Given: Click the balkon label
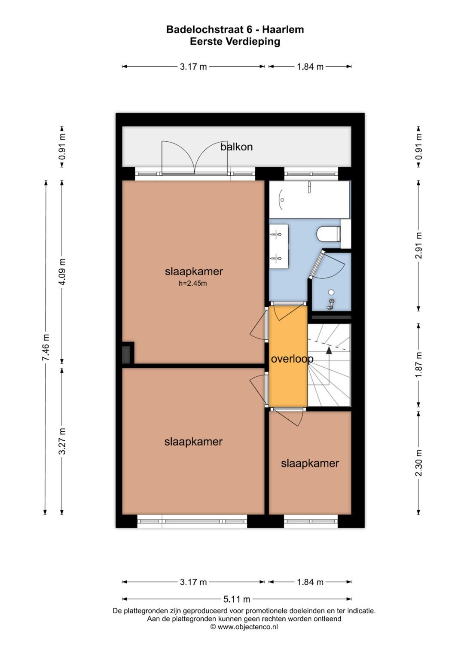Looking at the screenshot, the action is [x=236, y=147].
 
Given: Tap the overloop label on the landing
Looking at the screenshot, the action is [x=292, y=359].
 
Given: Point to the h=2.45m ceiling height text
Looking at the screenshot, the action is [x=193, y=284].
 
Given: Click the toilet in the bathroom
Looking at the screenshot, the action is [x=329, y=234].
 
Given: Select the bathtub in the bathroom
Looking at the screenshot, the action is [x=309, y=199].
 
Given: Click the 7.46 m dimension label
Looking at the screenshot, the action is [x=46, y=348].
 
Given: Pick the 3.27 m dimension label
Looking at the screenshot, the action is [x=62, y=441].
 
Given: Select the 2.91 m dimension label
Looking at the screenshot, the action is [x=419, y=245].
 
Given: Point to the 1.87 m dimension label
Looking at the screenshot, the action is [x=419, y=365].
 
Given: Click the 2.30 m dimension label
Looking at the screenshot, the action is [x=419, y=463].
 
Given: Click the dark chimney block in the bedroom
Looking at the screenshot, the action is [x=127, y=355].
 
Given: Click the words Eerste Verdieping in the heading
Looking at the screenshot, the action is [x=235, y=42].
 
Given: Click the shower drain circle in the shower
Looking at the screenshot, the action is [x=331, y=292].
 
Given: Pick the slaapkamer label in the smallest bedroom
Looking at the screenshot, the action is [x=310, y=463].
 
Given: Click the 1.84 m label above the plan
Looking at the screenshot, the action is [x=310, y=67].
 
